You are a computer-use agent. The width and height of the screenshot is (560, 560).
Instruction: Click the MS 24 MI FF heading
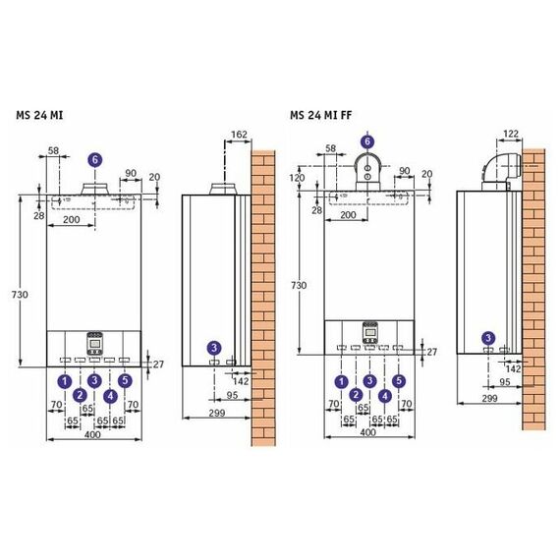(x=320, y=115)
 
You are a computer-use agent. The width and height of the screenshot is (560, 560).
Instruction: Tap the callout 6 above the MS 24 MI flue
(x=95, y=159)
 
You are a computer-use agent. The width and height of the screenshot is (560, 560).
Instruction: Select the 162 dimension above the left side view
(x=239, y=135)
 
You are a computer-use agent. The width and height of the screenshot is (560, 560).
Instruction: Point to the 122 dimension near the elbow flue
(x=510, y=134)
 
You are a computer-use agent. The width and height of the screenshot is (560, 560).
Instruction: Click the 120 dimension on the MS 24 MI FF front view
(x=297, y=178)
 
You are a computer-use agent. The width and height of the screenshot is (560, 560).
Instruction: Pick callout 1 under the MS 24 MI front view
(x=65, y=381)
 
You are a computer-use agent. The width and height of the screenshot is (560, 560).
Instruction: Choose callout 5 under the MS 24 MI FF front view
(x=399, y=381)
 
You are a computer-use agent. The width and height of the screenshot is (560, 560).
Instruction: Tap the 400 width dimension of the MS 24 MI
(x=92, y=434)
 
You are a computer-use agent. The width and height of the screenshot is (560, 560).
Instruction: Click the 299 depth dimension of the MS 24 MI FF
(x=489, y=398)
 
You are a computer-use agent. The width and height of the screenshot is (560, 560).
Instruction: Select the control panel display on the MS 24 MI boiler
(x=94, y=344)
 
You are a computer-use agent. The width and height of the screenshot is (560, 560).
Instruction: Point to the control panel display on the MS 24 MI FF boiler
(x=370, y=333)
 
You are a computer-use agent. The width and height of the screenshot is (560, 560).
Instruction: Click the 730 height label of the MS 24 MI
(x=20, y=295)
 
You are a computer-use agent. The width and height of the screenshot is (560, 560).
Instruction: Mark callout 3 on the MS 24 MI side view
(x=214, y=348)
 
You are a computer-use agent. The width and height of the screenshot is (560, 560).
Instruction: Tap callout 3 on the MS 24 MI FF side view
(x=488, y=338)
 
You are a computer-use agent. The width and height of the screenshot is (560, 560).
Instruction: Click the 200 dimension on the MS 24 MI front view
(x=72, y=219)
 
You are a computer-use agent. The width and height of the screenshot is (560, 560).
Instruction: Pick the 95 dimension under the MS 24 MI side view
(x=232, y=395)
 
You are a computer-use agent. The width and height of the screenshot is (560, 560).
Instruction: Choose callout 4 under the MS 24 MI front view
(x=110, y=396)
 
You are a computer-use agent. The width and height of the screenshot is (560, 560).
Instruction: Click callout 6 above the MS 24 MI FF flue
(x=367, y=141)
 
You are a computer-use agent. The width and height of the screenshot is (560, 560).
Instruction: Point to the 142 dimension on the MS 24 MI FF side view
(x=513, y=368)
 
